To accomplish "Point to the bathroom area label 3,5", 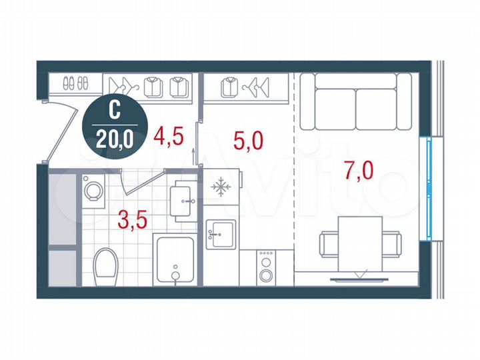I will [133, 219].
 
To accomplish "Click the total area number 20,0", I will [111, 139].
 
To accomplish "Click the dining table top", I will [359, 238].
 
